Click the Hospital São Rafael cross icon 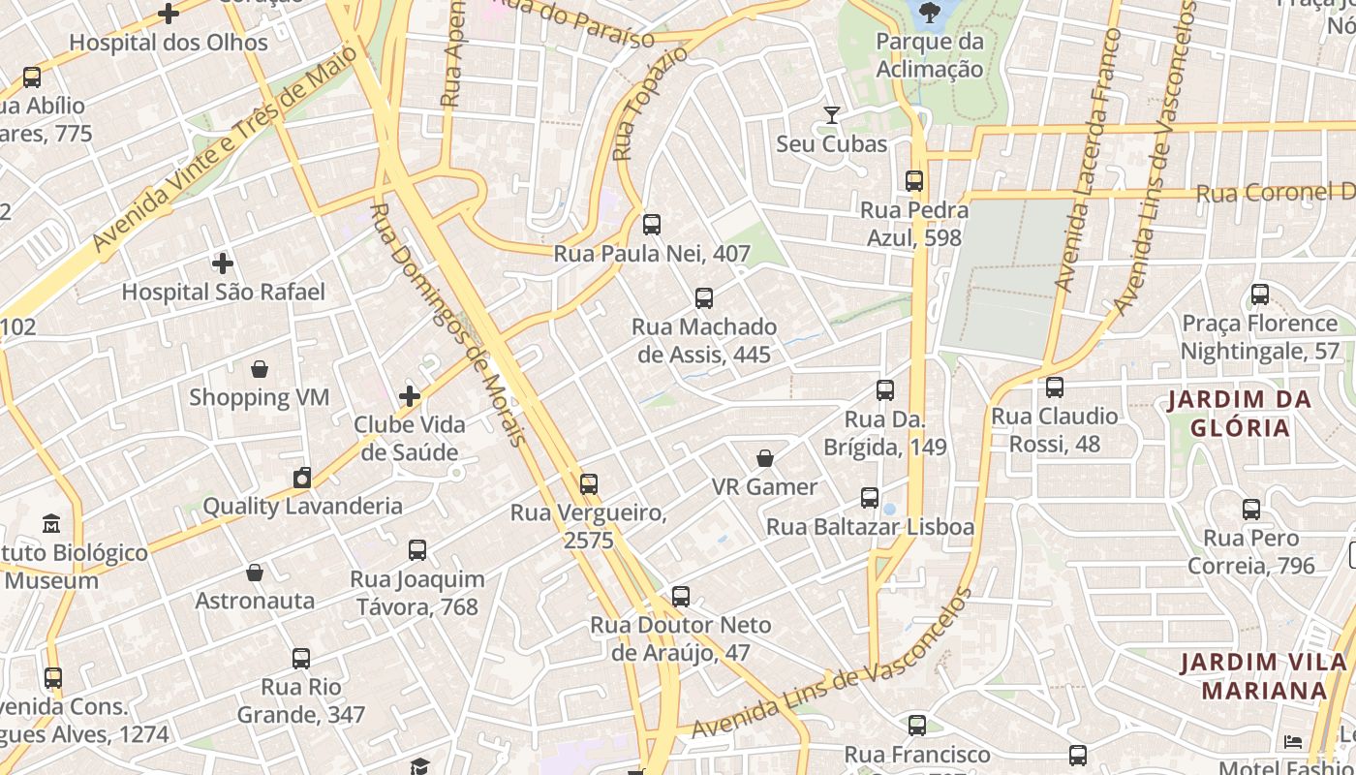tap(223, 263)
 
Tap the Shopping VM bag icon tap(260, 368)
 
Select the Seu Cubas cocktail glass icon tap(831, 115)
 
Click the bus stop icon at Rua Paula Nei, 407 tap(652, 225)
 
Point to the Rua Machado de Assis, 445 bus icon tap(704, 298)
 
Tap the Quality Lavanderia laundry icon tap(302, 478)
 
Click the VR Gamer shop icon tap(765, 458)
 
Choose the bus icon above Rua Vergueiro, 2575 tap(589, 484)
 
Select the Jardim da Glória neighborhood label tap(1240, 414)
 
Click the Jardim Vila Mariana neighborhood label tap(1263, 676)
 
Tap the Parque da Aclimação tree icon tap(930, 13)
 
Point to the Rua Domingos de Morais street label tap(449, 325)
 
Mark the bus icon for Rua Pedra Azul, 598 tap(914, 181)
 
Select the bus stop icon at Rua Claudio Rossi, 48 tap(1055, 387)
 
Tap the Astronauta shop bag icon tap(255, 573)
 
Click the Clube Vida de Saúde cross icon tap(410, 395)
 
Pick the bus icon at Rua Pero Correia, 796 tap(1251, 510)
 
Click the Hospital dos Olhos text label tap(169, 43)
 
